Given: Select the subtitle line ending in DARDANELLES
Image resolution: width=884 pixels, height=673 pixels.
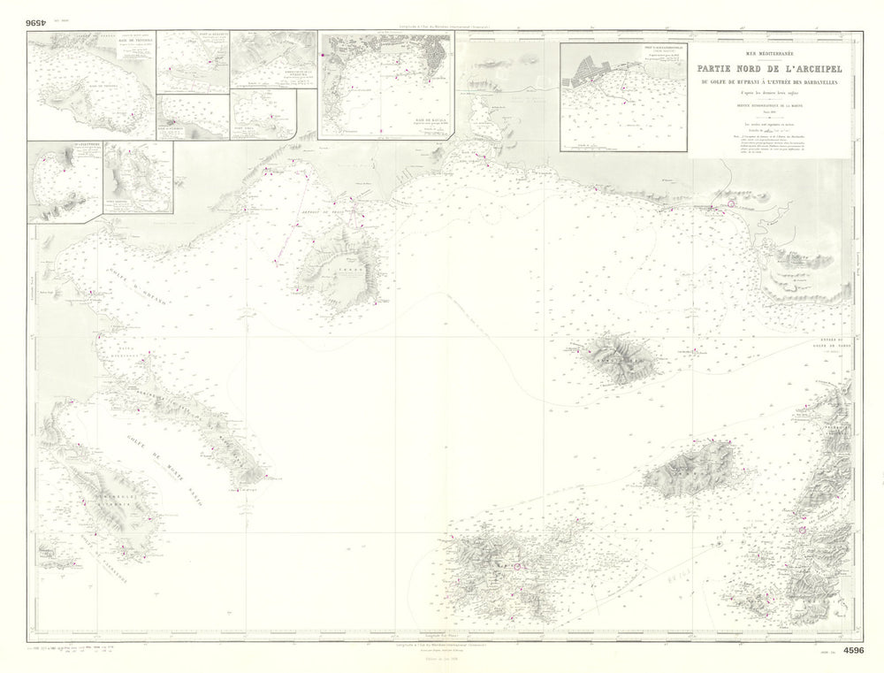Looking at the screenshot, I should point(770,82).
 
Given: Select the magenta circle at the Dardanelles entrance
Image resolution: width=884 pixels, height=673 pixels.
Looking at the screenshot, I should point(803,529).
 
